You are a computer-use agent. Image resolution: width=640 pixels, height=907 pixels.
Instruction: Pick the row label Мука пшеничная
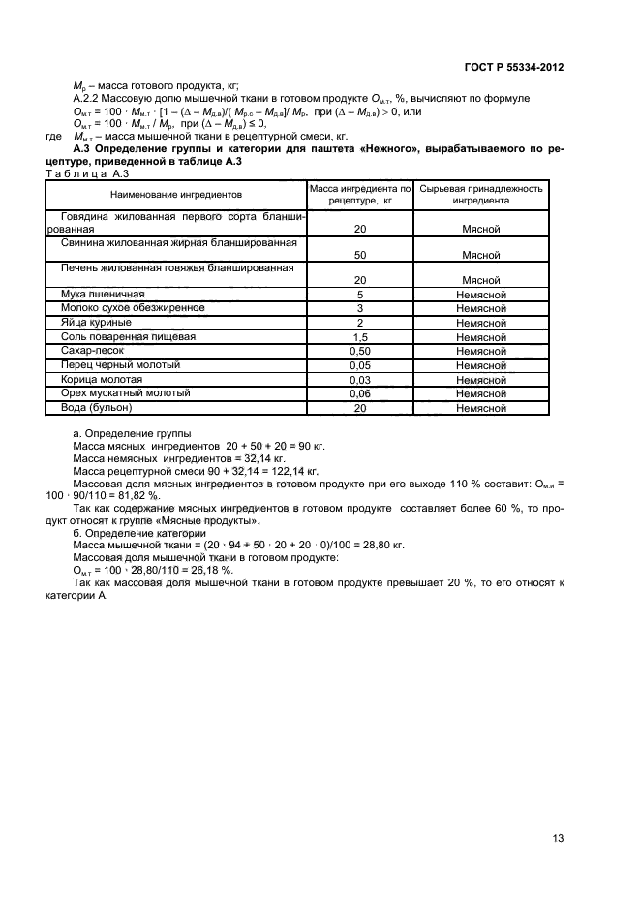click(x=103, y=294)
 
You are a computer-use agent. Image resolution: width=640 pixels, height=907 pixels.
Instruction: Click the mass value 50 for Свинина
click(x=359, y=256)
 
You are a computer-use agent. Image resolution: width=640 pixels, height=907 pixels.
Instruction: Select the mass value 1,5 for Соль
click(x=359, y=336)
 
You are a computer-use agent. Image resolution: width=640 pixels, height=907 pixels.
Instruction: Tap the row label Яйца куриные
click(x=98, y=322)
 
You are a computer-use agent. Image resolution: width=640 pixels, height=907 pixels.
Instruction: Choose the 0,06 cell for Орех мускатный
click(x=359, y=394)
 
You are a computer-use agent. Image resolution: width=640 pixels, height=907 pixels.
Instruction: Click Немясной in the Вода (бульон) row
click(x=481, y=409)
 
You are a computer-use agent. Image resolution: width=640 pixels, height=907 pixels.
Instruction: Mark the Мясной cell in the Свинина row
click(x=481, y=256)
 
